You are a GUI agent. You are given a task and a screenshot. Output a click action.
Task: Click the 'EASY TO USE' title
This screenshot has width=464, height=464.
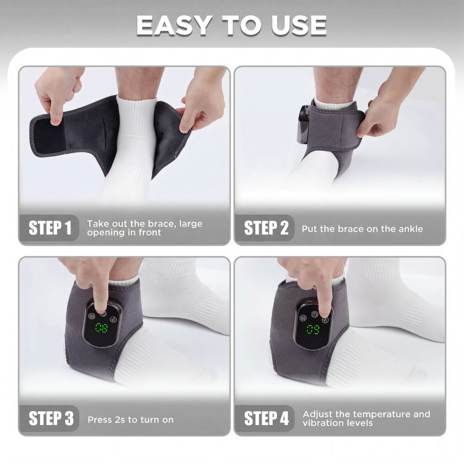[x=232, y=26]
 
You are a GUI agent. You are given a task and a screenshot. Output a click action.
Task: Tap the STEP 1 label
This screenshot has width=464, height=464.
[x=50, y=228]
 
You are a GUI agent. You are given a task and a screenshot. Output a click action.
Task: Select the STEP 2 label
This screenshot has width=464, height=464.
[x=266, y=228]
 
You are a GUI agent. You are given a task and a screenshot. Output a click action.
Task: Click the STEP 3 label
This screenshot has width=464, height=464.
[x=51, y=419]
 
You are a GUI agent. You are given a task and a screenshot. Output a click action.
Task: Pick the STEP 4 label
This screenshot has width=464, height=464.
[x=266, y=419]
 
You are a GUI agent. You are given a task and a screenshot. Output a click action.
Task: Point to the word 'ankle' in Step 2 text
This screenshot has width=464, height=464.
[x=410, y=229]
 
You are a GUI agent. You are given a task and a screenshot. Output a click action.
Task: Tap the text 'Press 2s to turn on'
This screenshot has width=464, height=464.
[x=131, y=420]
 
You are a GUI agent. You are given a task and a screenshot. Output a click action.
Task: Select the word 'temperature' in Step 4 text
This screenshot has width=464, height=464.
[x=378, y=414]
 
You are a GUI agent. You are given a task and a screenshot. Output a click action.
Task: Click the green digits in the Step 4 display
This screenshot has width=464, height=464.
[x=314, y=330]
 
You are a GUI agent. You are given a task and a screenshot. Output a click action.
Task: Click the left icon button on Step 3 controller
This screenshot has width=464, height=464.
[x=91, y=316]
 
